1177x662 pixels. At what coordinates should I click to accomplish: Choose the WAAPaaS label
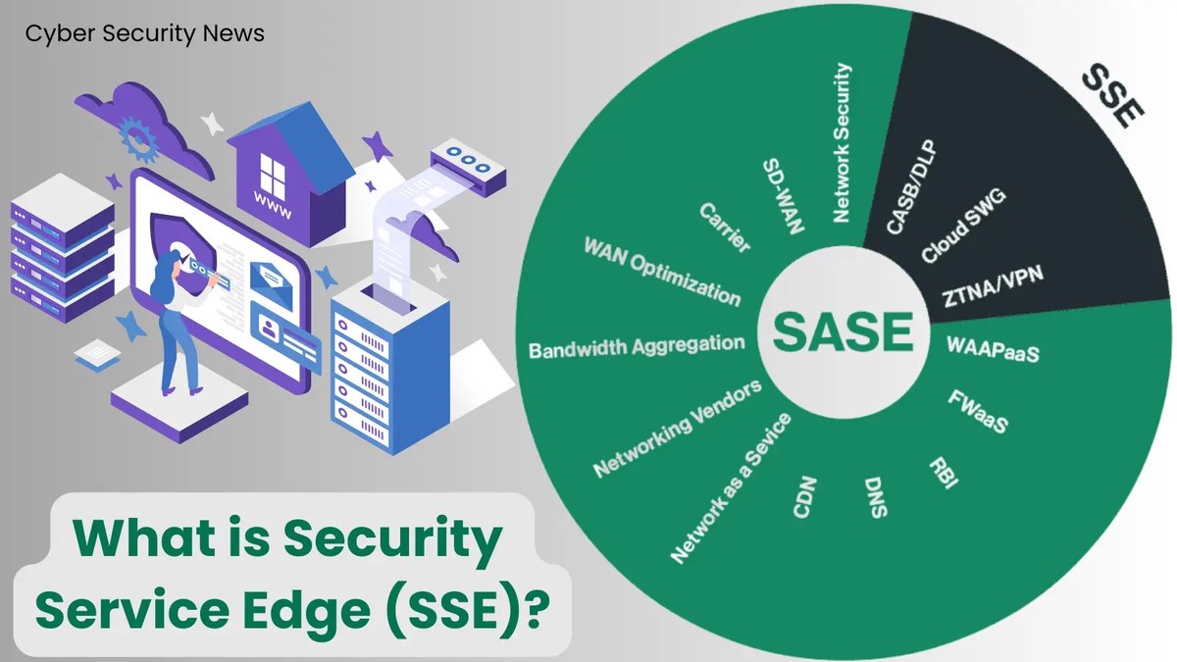[993, 349]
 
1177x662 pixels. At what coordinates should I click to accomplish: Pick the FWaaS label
[978, 412]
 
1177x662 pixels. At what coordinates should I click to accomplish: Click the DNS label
[876, 499]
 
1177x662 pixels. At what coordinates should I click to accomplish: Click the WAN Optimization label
[662, 270]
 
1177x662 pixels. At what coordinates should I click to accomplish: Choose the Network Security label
[842, 143]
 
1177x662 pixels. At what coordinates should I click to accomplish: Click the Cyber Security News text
[144, 33]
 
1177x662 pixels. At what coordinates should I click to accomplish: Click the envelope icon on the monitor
[274, 279]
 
